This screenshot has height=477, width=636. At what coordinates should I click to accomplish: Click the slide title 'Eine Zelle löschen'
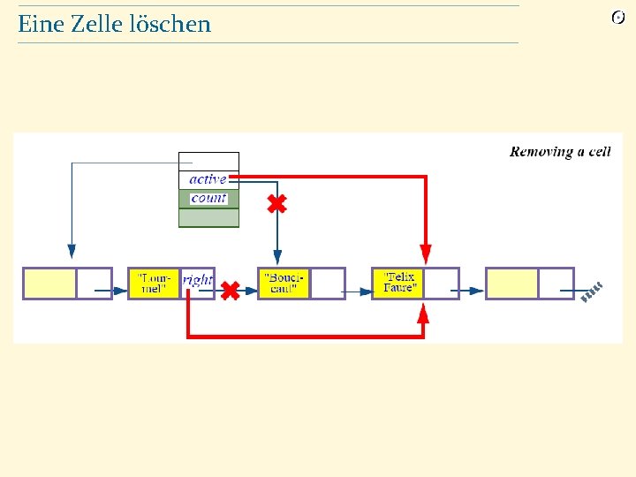(115, 25)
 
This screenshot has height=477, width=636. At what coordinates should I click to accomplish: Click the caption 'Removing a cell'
(560, 152)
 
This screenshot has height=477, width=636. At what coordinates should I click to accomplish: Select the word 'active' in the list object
(208, 179)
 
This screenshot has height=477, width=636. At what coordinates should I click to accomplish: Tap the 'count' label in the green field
(208, 199)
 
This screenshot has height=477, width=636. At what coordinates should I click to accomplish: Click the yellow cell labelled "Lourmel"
(154, 284)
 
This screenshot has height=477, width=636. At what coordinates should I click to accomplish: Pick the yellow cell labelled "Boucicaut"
(284, 284)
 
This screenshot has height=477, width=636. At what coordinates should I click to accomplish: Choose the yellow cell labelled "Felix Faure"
(398, 284)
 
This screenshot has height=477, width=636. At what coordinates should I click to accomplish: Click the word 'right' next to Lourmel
(198, 279)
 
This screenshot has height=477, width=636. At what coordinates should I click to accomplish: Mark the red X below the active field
(276, 205)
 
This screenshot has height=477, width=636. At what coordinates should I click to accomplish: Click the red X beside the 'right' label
(230, 290)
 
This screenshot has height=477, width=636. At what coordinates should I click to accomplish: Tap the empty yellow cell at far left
(49, 284)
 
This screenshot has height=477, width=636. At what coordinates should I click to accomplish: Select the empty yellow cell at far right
(512, 284)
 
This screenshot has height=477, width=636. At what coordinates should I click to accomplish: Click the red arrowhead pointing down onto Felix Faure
(426, 255)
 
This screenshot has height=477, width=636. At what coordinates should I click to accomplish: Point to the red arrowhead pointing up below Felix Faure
(423, 314)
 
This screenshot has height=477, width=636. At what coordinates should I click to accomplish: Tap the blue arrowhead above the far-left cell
(72, 253)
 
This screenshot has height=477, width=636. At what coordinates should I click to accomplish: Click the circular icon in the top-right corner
(618, 18)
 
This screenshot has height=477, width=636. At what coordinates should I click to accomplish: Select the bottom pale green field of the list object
(208, 218)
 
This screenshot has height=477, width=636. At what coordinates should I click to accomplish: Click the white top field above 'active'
(208, 161)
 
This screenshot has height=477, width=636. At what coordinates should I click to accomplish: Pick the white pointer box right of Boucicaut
(327, 284)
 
